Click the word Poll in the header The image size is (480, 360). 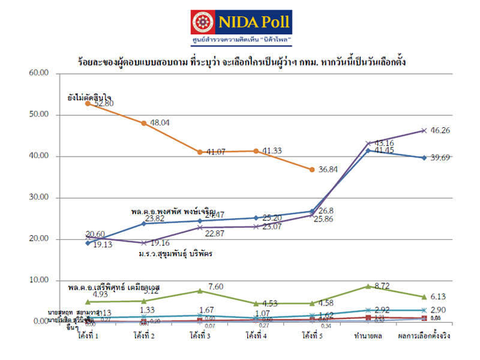tap(270, 23)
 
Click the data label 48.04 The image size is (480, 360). tap(159, 122)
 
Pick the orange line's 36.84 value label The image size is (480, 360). tap(326, 170)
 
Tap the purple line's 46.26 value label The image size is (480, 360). tap(441, 130)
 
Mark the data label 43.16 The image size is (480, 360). tap(386, 143)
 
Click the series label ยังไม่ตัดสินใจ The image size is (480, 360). tap(89, 96)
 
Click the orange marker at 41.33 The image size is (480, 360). tap(256, 151)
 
